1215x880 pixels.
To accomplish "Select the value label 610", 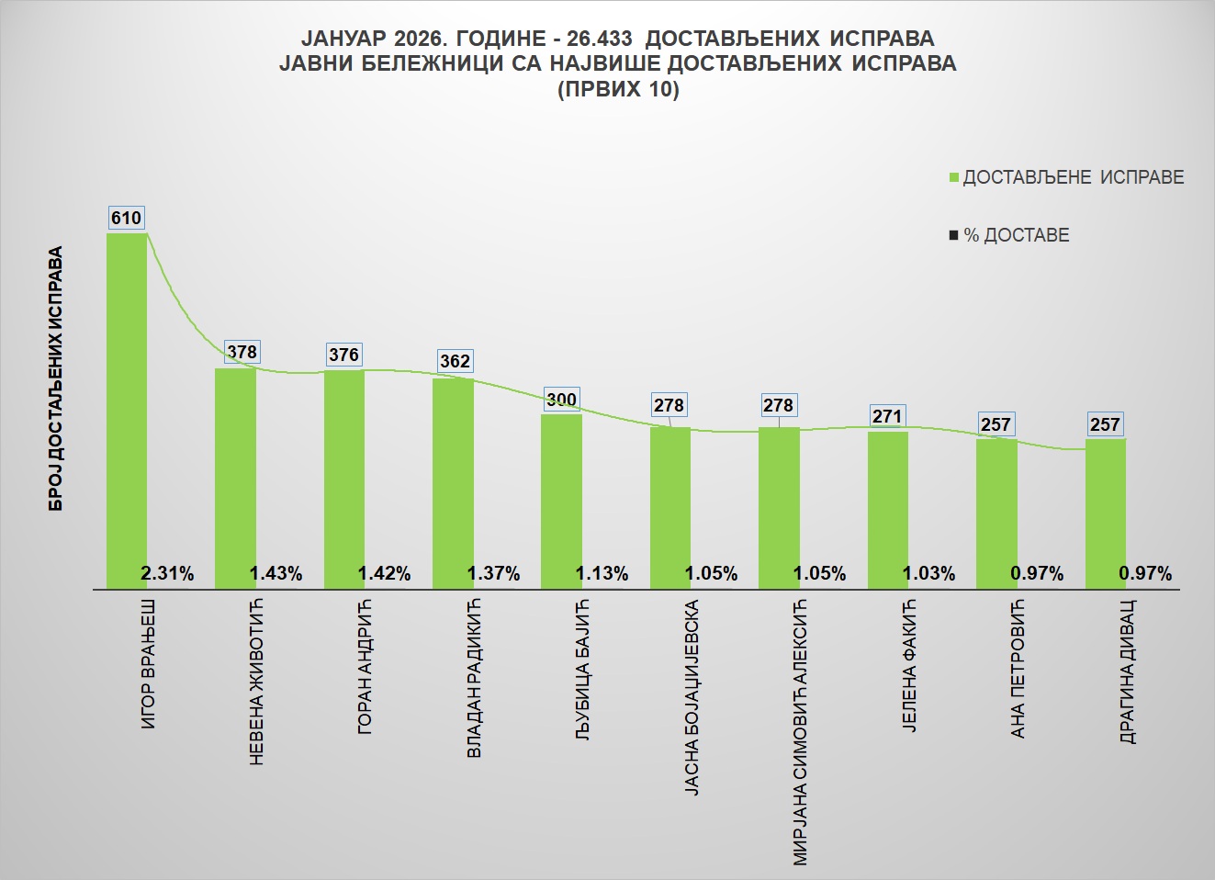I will (126, 218).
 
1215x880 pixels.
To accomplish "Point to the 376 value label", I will (343, 355).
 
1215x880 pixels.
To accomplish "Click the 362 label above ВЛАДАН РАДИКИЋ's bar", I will (455, 361).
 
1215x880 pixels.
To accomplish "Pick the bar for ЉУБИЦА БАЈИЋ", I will (561, 496).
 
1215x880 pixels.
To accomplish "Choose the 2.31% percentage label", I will (167, 574).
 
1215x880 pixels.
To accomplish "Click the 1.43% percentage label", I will (276, 574).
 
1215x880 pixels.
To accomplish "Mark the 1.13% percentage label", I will (602, 574).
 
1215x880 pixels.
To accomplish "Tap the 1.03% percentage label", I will (928, 574).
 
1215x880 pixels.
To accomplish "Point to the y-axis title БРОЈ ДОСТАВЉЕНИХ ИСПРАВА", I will (57, 378).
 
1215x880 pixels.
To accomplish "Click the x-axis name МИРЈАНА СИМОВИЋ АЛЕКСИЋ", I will (800, 732).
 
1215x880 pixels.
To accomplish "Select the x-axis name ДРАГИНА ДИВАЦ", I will (1128, 671).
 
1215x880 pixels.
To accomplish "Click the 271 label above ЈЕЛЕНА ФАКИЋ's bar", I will (887, 416).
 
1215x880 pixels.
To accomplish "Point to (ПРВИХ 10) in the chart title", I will (618, 90).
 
